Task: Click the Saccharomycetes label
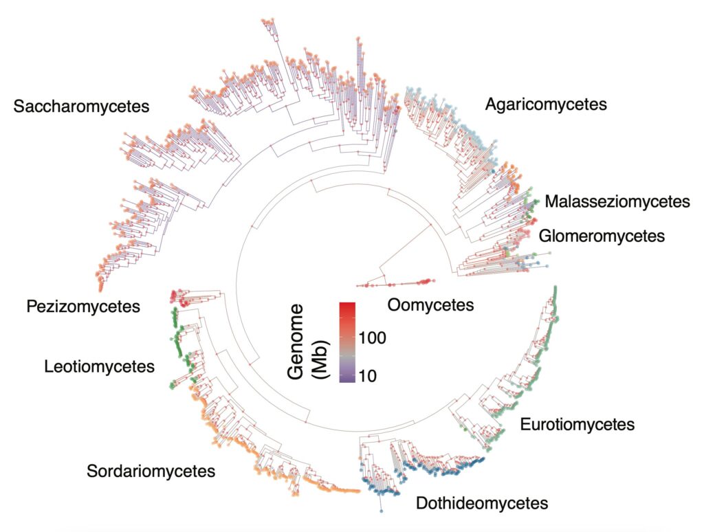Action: coord(82,107)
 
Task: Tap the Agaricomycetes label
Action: coord(545,104)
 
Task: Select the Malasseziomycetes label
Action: coord(617,201)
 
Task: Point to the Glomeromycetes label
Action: coord(602,236)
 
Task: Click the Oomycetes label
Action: coord(430,304)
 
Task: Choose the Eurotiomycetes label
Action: coord(576,424)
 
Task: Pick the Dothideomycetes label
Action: coord(482,503)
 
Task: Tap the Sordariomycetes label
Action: coord(151,472)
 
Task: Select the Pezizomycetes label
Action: coord(82,306)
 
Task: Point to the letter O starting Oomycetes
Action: coord(394,304)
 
